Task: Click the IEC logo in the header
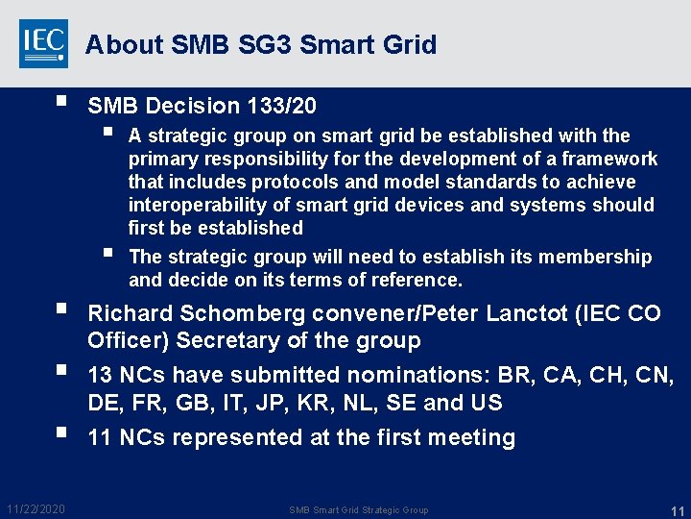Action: tap(44, 43)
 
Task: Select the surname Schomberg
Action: tap(237, 313)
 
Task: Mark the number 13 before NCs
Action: tap(101, 375)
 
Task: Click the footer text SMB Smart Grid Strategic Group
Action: tap(359, 509)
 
